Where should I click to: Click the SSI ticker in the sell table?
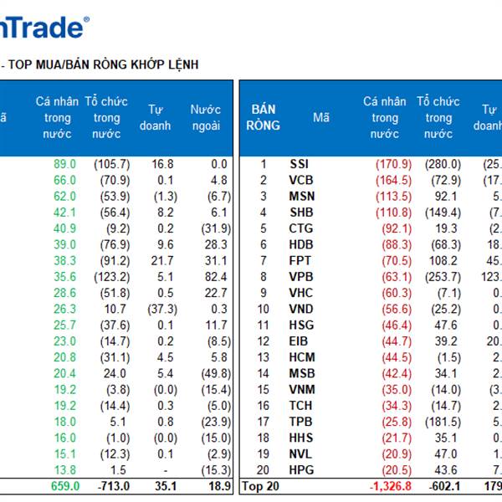pyautogui.click(x=299, y=165)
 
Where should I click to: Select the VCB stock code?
pyautogui.click(x=300, y=180)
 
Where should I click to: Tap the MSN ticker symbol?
pyautogui.click(x=300, y=196)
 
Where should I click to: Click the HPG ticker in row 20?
pyautogui.click(x=300, y=470)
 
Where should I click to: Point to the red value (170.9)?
pyautogui.click(x=393, y=165)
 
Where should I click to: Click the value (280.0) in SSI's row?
pyautogui.click(x=443, y=165)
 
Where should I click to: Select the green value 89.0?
pyautogui.click(x=64, y=165)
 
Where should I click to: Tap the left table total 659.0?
pyautogui.click(x=64, y=486)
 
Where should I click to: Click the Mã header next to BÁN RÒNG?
pyautogui.click(x=321, y=118)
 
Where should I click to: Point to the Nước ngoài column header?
pyautogui.click(x=206, y=117)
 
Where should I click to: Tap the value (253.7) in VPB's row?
pyautogui.click(x=443, y=277)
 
